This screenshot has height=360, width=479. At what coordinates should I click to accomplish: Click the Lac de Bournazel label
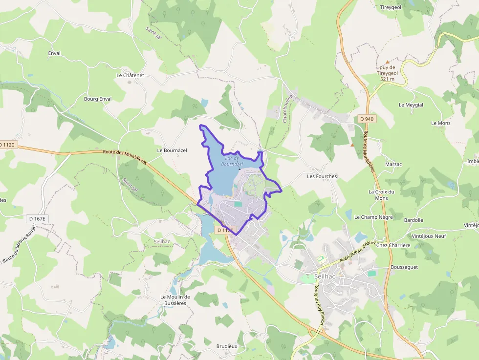tap(232, 161)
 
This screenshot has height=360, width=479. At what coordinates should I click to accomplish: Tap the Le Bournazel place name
tap(172, 150)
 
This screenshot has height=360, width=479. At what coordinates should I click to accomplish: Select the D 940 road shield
tap(366, 119)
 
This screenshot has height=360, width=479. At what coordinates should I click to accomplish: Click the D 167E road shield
tap(36, 218)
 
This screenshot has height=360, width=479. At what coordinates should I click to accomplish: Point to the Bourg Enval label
tap(98, 99)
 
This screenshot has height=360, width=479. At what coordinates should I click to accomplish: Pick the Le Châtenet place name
tap(130, 76)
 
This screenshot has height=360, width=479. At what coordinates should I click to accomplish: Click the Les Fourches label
tap(322, 176)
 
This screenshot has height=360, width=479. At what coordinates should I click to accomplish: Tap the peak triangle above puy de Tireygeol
tap(388, 62)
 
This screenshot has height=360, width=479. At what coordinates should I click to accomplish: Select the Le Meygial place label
tap(411, 105)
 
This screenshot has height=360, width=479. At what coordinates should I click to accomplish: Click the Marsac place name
tap(393, 164)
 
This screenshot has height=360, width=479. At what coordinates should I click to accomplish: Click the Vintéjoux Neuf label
tap(429, 236)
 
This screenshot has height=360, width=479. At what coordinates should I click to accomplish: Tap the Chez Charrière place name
tap(393, 245)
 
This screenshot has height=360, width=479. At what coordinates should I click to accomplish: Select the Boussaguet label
tap(404, 267)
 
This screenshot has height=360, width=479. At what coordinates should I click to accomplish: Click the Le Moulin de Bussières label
tap(175, 300)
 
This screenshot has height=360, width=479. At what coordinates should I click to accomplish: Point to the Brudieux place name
tap(227, 346)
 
